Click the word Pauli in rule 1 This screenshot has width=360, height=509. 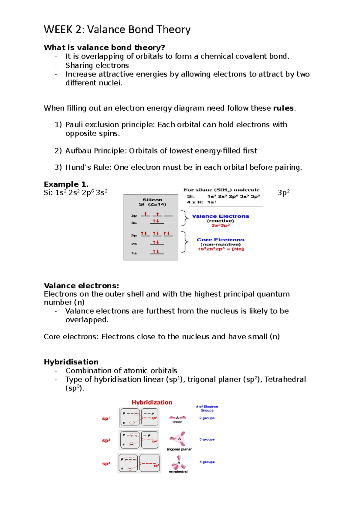[x=74, y=125]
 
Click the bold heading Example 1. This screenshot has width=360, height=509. [x=66, y=184]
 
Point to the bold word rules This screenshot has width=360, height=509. [x=283, y=108]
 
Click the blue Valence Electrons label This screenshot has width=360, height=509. [x=220, y=216]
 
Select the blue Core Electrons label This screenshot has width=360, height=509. [x=220, y=240]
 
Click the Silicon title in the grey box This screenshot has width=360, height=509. [x=152, y=200]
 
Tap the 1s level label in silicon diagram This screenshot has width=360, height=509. [x=134, y=253]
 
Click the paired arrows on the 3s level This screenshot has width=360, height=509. [x=156, y=221]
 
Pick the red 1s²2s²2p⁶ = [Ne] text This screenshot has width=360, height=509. [x=221, y=249]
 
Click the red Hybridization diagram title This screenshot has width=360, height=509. [x=152, y=402]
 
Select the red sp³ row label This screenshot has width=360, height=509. [x=106, y=464]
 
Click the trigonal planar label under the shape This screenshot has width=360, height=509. [x=179, y=449]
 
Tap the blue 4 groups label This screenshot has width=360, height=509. [x=207, y=462]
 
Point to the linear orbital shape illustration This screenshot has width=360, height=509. [x=177, y=417]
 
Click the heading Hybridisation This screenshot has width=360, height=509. [x=71, y=362]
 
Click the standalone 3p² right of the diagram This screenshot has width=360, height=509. [x=283, y=192]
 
